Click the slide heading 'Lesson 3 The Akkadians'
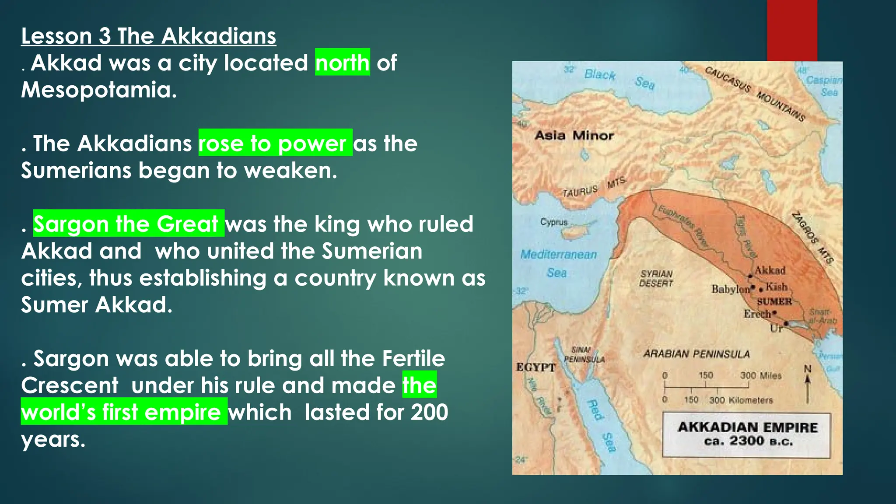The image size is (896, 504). tap(148, 36)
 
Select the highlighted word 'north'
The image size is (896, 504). tap(342, 63)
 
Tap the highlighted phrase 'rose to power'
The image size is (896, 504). tap(275, 143)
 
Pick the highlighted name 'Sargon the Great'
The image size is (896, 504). tap(128, 224)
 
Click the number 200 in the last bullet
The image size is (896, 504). tap(429, 412)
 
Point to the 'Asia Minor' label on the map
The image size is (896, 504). tap(574, 136)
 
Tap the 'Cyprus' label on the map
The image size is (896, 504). tap(553, 222)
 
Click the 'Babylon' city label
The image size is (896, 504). tap(730, 289)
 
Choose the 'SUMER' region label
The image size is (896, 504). tap(774, 302)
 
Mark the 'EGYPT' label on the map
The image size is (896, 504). tap(535, 367)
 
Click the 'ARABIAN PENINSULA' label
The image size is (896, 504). tap(696, 354)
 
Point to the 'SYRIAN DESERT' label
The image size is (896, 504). tap(656, 279)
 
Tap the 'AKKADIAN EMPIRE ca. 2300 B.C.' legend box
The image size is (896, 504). tap(747, 434)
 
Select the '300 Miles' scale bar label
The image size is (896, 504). tap(760, 375)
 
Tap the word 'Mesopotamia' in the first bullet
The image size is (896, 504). tap(99, 90)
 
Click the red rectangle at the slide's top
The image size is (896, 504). tap(792, 30)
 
